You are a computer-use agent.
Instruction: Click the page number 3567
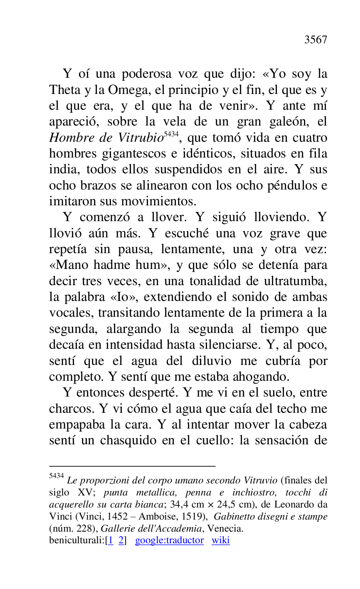[316, 40]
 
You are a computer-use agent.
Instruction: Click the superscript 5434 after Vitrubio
[171, 134]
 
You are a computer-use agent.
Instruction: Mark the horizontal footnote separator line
[132, 466]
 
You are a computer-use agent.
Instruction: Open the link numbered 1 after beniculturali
[111, 540]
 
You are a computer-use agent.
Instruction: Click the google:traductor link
[169, 540]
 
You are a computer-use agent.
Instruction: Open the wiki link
[220, 540]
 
